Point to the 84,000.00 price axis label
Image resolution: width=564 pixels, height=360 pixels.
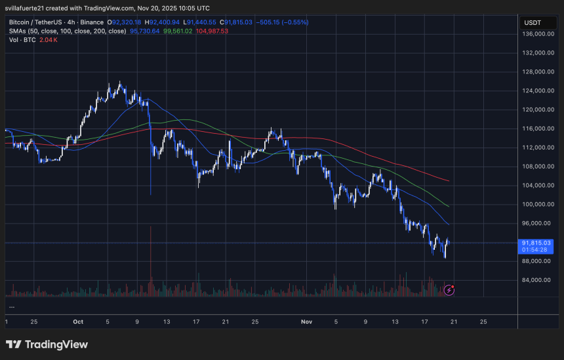(x=536, y=280)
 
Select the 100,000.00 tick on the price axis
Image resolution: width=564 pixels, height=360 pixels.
(x=536, y=205)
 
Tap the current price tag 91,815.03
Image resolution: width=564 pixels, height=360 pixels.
(x=536, y=243)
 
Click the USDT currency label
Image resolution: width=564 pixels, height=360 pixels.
(x=531, y=22)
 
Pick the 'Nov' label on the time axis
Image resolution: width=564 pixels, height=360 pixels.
(x=307, y=322)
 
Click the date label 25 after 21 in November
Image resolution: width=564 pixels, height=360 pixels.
(x=483, y=322)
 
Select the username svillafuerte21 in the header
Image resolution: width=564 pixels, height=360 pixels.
(x=28, y=9)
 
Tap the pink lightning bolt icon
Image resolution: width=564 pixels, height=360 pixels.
(x=449, y=289)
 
